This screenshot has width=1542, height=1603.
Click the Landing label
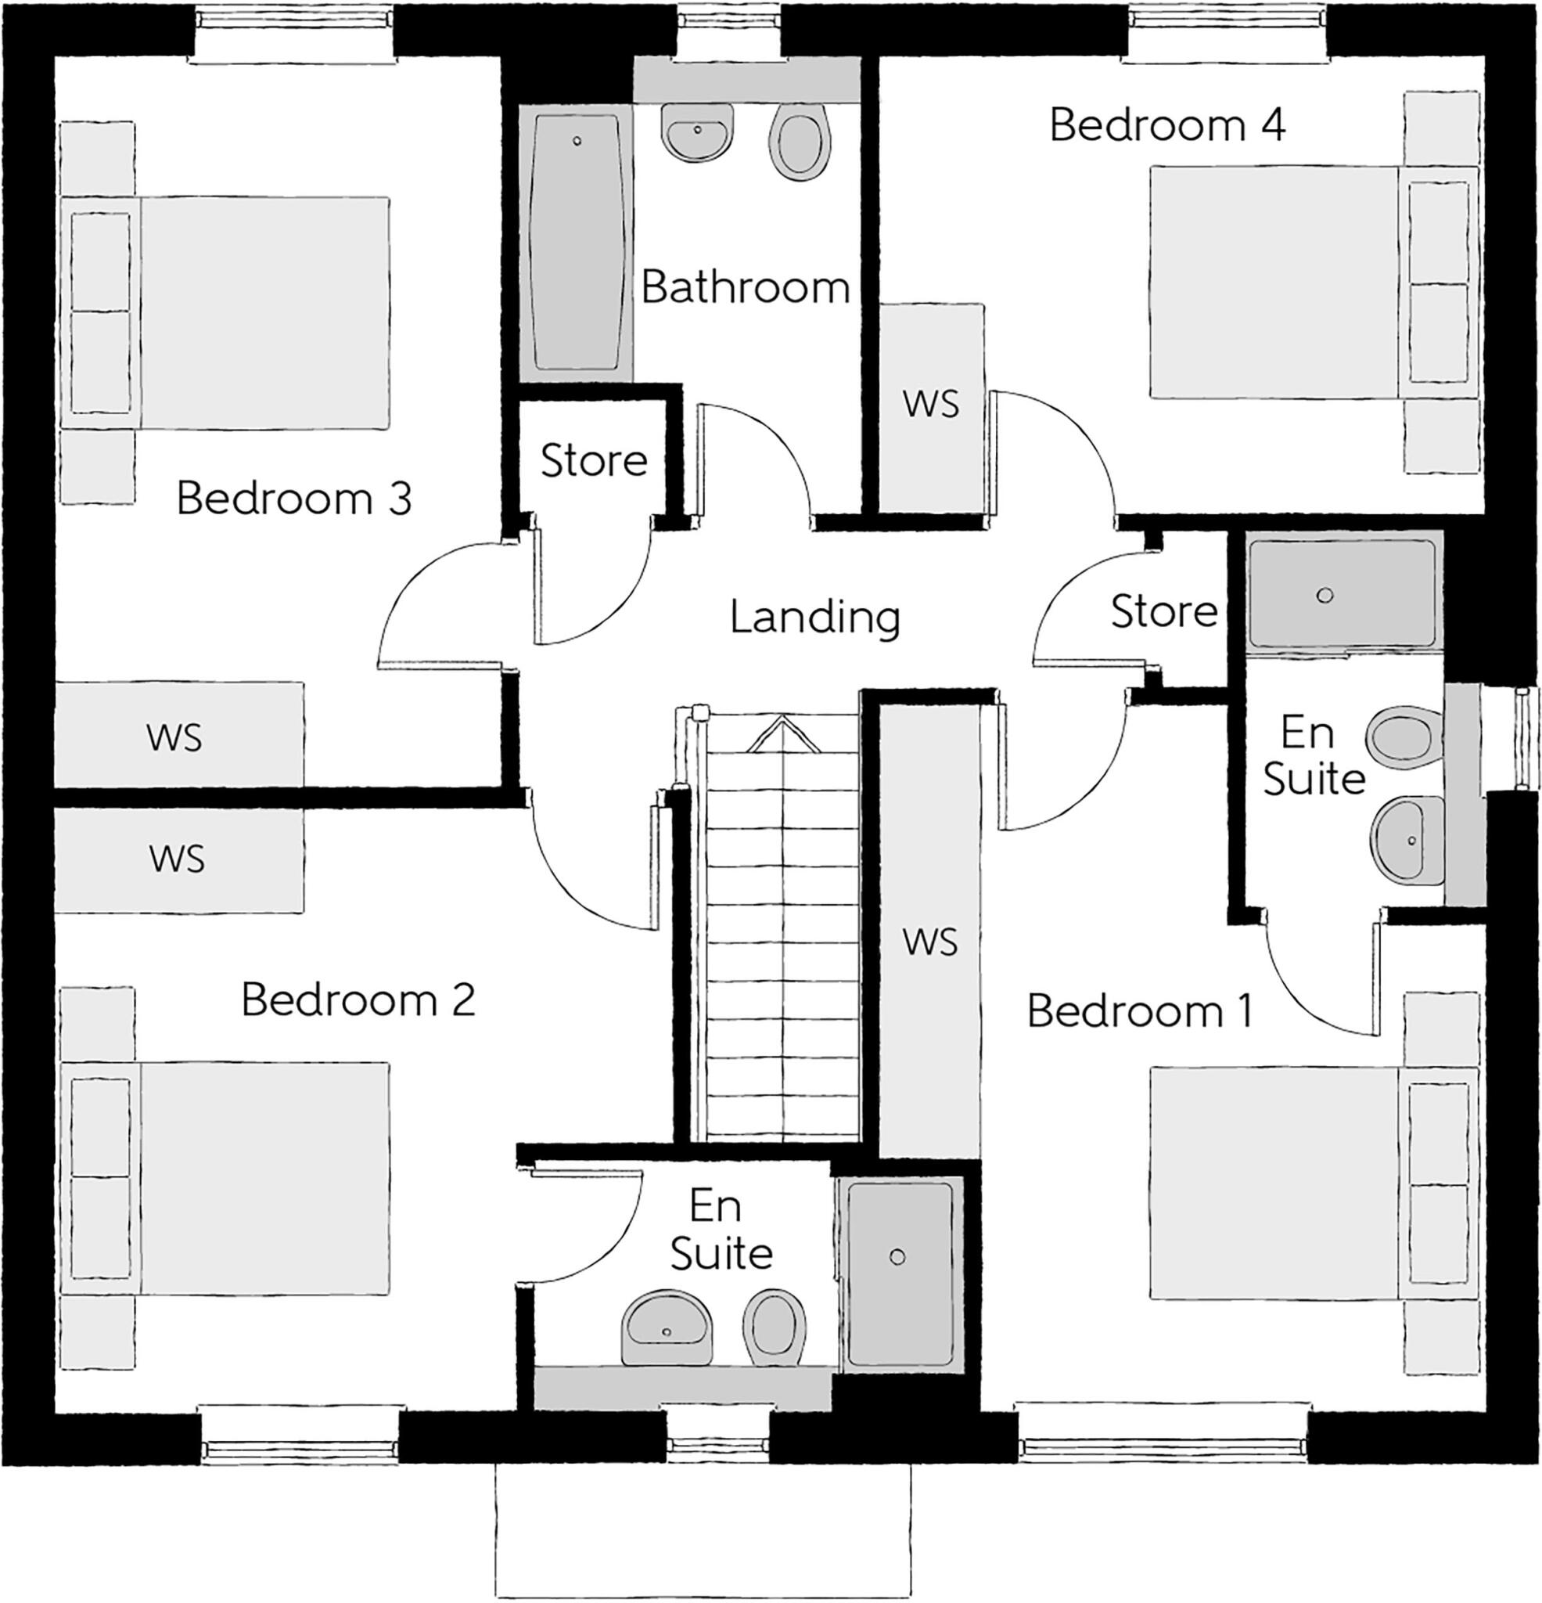point(814,618)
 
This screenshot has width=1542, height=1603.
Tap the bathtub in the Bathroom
point(577,242)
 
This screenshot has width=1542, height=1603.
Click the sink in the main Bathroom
point(696,131)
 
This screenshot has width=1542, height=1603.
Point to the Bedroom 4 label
point(1166,125)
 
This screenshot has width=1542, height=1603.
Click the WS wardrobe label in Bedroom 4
point(930,404)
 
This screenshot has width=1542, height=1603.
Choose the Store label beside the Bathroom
point(594,461)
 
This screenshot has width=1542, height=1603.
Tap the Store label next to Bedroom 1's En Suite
point(1163,612)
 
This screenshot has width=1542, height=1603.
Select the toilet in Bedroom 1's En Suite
point(1399,733)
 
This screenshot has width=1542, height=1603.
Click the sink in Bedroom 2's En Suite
point(667,1329)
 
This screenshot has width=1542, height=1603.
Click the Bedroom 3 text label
point(293,499)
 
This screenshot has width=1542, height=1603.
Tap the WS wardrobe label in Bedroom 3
point(174,737)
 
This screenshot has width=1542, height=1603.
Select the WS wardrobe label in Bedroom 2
point(177,859)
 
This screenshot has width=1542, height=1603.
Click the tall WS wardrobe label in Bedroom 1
point(929,942)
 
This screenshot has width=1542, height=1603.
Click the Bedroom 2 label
point(358,1000)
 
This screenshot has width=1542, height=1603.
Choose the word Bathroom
point(745,288)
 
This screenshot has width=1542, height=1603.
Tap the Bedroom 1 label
point(1139,1012)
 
